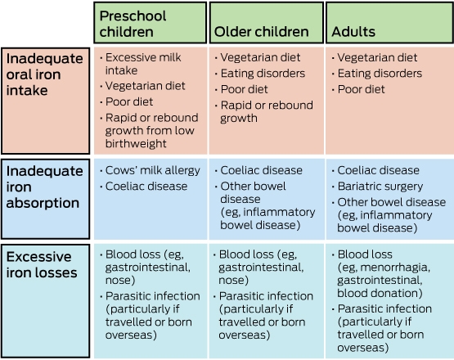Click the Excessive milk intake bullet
(x=143, y=64)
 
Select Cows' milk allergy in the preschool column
(x=153, y=170)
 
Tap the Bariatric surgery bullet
(x=380, y=187)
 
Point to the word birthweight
(x=136, y=144)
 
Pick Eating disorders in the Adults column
(x=380, y=74)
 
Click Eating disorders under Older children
(x=263, y=74)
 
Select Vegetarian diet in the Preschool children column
(x=145, y=86)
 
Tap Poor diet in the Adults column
(x=361, y=89)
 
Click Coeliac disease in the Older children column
(x=262, y=170)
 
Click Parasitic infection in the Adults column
(x=384, y=308)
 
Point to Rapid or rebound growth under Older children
(x=267, y=111)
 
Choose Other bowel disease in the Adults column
(x=392, y=202)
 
